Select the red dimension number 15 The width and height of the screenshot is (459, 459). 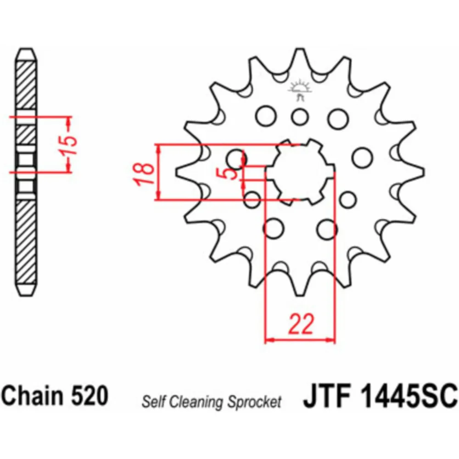[69, 145]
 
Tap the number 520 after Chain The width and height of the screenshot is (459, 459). [90, 395]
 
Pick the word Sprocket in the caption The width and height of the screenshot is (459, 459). [255, 402]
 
